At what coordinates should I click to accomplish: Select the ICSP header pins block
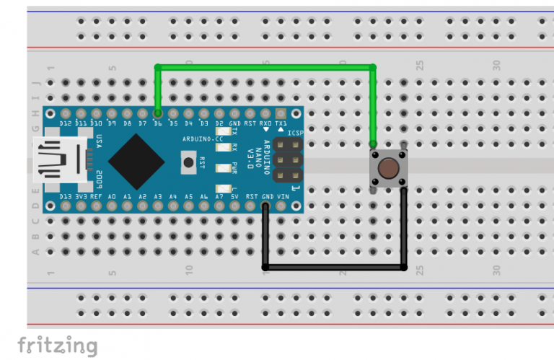pyautogui.click(x=288, y=160)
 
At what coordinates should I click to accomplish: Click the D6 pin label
pyautogui.click(x=158, y=123)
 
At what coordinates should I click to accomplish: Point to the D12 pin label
pyautogui.click(x=66, y=123)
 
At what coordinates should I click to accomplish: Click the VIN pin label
pyautogui.click(x=283, y=196)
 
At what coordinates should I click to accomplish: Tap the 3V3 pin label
pyautogui.click(x=81, y=196)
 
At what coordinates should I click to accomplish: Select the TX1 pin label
pyautogui.click(x=281, y=123)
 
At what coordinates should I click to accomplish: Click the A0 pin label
pyautogui.click(x=112, y=196)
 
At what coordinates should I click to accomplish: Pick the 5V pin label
pyautogui.click(x=235, y=196)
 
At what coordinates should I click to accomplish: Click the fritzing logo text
pyautogui.click(x=57, y=345)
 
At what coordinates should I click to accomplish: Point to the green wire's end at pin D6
pyautogui.click(x=158, y=113)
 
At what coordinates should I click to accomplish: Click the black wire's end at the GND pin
pyautogui.click(x=266, y=207)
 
